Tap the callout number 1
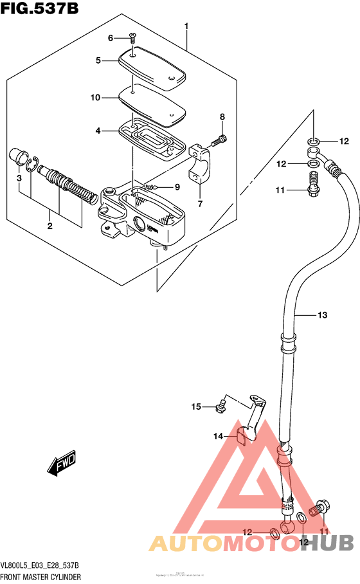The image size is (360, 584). tap(186, 26)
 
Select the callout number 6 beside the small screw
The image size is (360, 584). tap(110, 38)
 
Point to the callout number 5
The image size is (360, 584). tap(98, 60)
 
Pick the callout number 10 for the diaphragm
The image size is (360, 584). tap(96, 98)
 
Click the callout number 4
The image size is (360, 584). tap(98, 131)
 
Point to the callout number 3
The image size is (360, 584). tap(19, 178)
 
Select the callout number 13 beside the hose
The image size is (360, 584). tap(322, 315)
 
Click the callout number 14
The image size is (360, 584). tap(218, 436)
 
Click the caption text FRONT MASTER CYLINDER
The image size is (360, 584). tap(40, 577)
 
